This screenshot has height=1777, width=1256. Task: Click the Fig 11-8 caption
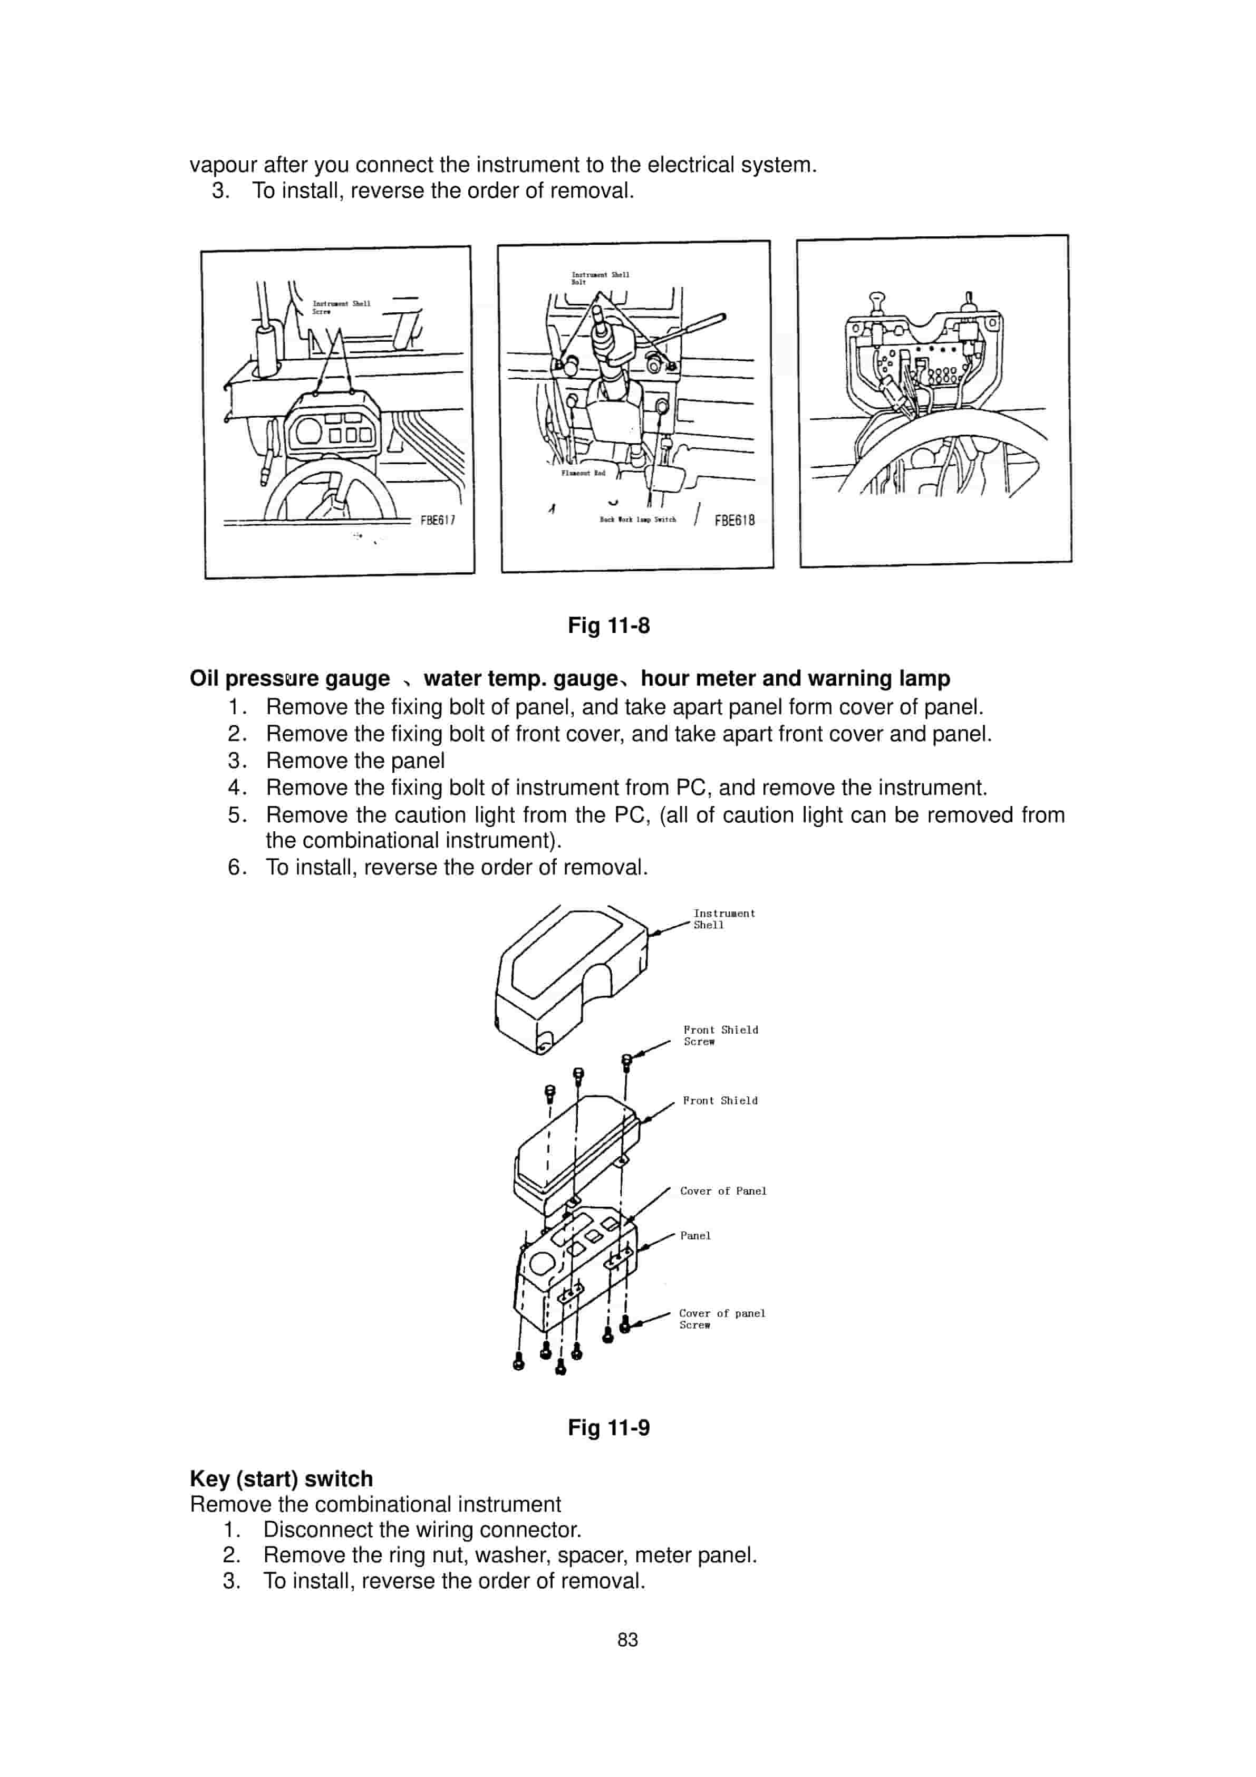click(608, 626)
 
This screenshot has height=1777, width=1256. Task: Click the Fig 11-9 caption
click(608, 1428)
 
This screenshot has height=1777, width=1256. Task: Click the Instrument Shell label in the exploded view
click(723, 919)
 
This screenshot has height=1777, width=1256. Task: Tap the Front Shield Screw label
click(720, 1035)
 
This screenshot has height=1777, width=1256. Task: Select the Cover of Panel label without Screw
click(723, 1191)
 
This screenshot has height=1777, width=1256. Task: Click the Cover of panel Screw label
click(721, 1319)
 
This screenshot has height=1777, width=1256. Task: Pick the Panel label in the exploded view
click(695, 1236)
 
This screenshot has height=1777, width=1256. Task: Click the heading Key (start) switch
click(281, 1479)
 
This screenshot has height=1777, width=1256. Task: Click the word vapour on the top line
click(223, 165)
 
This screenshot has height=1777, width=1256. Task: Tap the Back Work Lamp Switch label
click(637, 520)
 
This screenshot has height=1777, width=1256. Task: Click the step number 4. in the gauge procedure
click(236, 788)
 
